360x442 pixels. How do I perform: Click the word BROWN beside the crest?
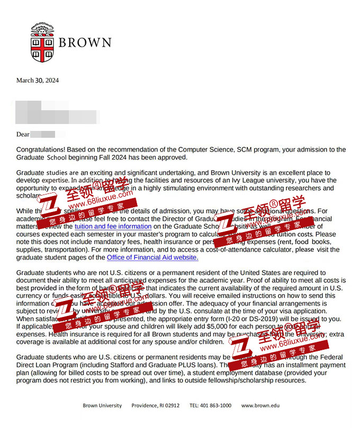85,43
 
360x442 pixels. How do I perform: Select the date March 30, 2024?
38,81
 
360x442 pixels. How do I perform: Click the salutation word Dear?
23,135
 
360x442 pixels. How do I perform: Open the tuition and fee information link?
113,226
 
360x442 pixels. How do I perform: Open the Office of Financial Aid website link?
152,258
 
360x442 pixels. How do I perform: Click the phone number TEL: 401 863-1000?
210,405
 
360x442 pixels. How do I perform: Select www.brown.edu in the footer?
260,405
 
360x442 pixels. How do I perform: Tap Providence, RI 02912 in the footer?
156,405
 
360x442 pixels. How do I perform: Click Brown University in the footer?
102,405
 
